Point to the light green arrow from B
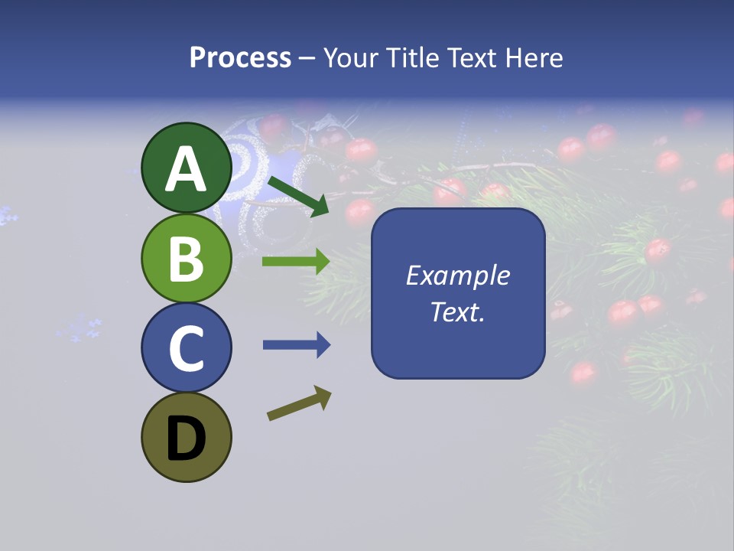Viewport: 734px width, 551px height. [x=296, y=262]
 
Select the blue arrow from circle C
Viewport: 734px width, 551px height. [x=296, y=345]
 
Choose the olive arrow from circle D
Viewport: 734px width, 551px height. [x=299, y=403]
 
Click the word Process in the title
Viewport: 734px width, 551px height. [x=240, y=57]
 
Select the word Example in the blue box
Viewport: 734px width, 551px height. [x=457, y=275]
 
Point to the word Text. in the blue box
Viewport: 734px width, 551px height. [x=457, y=311]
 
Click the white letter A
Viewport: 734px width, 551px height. [x=187, y=169]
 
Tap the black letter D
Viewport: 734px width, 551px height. [x=187, y=439]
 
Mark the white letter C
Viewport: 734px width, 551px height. [x=187, y=349]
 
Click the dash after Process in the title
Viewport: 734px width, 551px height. [x=307, y=59]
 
